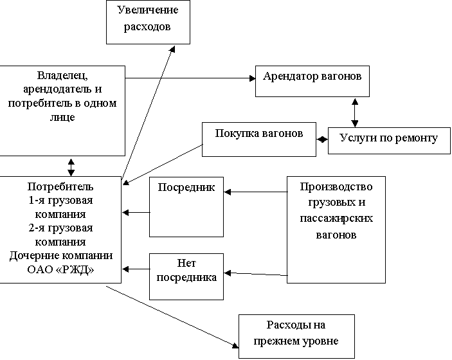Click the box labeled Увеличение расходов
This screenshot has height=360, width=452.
(148, 22)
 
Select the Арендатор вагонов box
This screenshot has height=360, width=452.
(312, 81)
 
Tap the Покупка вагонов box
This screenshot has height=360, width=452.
(259, 139)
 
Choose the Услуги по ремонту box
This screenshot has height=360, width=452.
(389, 141)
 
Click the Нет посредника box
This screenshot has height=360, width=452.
(186, 276)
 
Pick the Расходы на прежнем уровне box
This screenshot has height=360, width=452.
(296, 336)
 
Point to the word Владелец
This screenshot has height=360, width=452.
(62, 75)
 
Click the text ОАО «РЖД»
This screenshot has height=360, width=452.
(60, 270)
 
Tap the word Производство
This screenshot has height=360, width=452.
(336, 187)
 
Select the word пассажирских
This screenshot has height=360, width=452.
(336, 218)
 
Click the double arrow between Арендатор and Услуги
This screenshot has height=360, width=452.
(355, 113)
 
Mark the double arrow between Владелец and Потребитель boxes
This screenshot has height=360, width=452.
(71, 167)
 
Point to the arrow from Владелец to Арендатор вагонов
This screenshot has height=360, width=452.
(190, 78)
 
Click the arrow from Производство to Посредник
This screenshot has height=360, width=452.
(256, 192)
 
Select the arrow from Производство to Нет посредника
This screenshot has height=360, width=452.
(256, 274)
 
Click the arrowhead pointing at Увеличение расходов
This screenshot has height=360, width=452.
(172, 49)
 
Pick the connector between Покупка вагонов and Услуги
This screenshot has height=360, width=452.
(322, 139)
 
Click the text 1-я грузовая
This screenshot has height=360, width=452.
(60, 201)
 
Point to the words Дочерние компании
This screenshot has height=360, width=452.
(61, 256)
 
